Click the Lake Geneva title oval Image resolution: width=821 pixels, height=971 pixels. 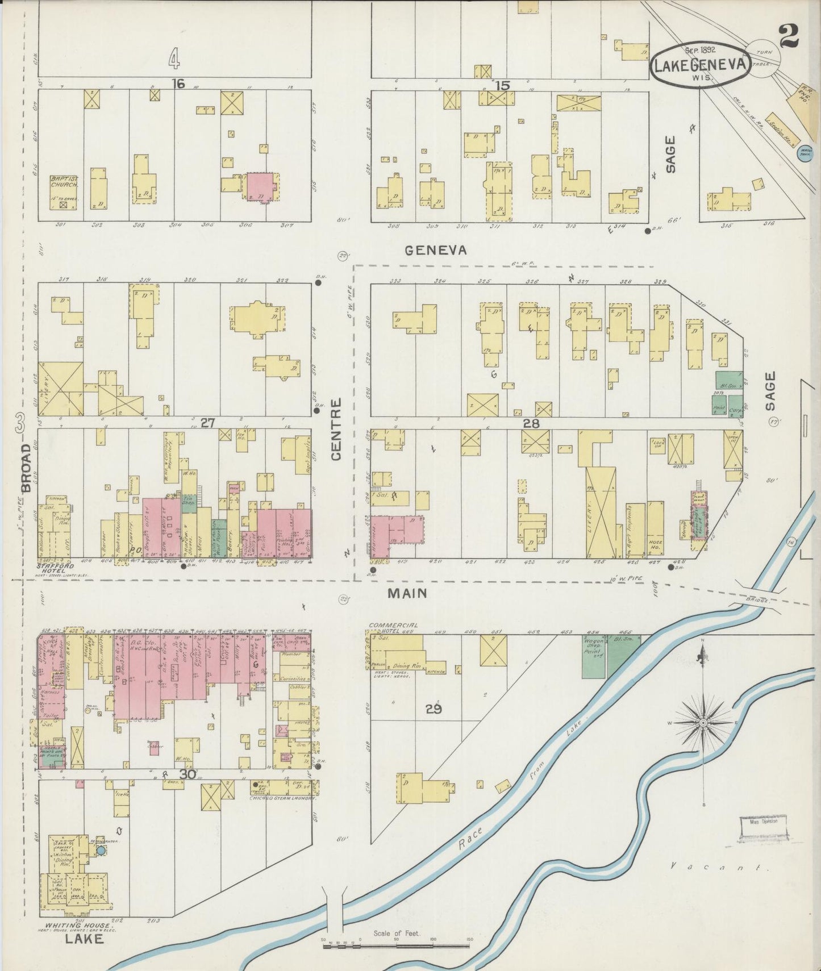pos(701,64)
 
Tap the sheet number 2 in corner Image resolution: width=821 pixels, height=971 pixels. pos(790,37)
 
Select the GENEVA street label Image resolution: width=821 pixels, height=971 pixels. pos(436,250)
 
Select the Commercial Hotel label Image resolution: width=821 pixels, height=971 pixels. pos(392,627)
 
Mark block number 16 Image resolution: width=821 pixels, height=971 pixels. pos(178,84)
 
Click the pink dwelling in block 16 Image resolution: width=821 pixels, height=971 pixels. pos(261,186)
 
